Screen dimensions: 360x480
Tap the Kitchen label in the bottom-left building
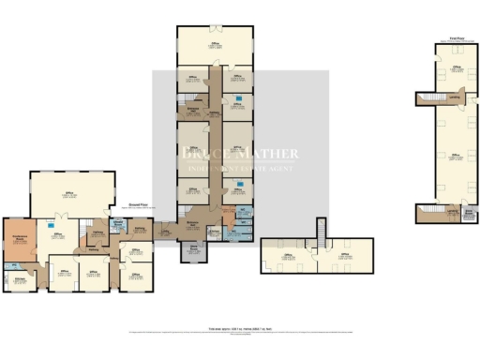(18, 278)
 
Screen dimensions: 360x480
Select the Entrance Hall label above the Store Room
(191, 222)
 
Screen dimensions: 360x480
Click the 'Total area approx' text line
(240, 326)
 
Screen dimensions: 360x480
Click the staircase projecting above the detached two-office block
(322, 229)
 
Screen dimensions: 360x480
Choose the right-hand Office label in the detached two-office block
(344, 254)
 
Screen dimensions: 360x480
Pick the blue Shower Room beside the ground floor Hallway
(119, 225)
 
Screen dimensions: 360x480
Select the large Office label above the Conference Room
(70, 194)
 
